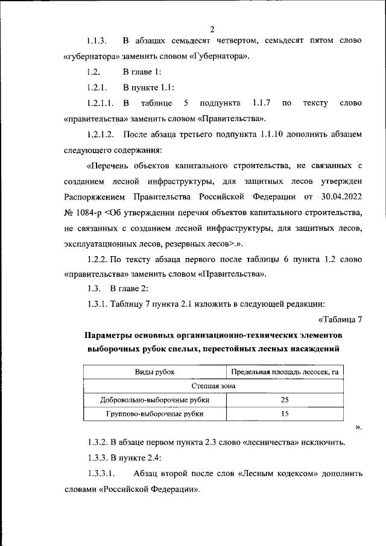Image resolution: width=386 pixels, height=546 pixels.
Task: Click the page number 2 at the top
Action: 213,29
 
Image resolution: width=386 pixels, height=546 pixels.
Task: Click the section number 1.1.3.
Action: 97,42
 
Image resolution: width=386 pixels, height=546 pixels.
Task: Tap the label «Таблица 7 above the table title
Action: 339,319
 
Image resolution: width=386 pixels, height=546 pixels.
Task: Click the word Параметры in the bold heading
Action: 111,335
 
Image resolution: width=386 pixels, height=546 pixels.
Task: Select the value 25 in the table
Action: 285,400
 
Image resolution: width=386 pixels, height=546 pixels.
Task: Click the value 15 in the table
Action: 285,413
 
